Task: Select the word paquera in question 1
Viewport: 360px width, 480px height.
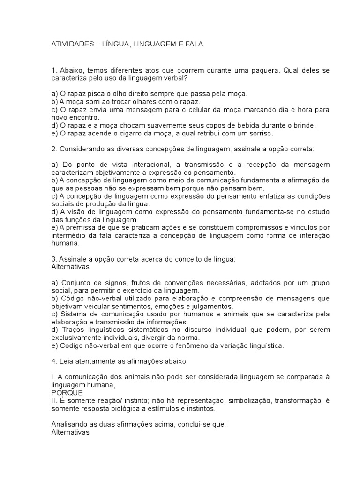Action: (264, 70)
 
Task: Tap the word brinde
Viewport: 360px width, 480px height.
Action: (304, 125)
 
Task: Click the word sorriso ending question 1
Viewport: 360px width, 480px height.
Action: (261, 133)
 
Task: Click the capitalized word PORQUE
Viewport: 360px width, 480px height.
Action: (67, 393)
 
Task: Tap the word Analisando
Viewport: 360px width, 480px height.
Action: (70, 425)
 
